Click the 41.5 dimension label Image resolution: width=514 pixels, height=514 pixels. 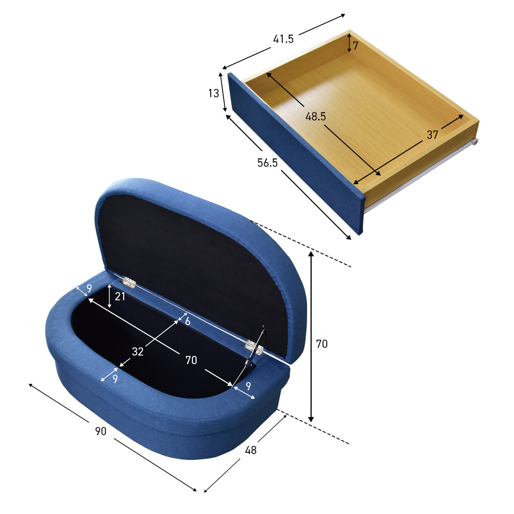click(x=283, y=39)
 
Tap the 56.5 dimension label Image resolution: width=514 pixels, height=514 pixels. click(x=267, y=162)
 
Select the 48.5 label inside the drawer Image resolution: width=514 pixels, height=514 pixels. click(x=316, y=117)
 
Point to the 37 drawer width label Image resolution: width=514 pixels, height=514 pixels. click(x=432, y=134)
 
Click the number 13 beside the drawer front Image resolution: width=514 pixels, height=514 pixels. click(x=213, y=93)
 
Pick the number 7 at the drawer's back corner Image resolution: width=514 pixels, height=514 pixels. click(x=355, y=45)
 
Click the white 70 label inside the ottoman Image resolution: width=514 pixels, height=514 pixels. click(x=191, y=360)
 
